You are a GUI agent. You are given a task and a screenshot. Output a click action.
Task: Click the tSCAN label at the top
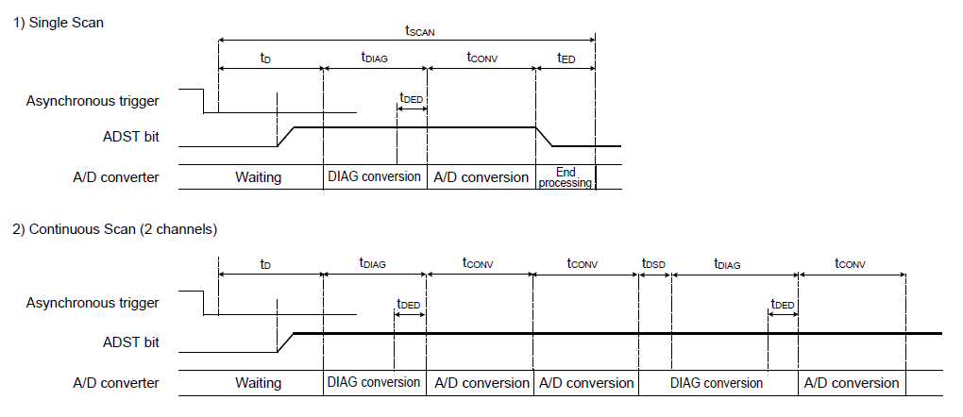click(x=419, y=30)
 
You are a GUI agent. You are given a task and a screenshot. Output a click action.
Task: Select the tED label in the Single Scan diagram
click(x=564, y=58)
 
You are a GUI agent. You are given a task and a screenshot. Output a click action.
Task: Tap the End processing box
click(x=566, y=177)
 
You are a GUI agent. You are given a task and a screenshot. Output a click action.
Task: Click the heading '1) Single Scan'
click(x=58, y=23)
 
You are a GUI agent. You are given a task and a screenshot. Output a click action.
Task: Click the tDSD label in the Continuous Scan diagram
click(x=652, y=263)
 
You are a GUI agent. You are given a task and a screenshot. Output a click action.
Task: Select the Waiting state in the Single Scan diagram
click(x=258, y=177)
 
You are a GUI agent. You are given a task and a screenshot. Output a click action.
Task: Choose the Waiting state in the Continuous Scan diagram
click(x=258, y=383)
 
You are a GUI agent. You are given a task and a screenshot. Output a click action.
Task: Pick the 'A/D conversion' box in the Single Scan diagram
click(x=481, y=177)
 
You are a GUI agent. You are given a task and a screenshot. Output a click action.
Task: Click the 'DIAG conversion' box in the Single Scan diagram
click(x=374, y=176)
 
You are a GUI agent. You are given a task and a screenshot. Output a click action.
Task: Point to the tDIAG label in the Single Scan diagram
click(x=374, y=58)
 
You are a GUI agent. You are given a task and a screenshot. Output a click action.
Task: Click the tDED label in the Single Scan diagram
click(x=411, y=97)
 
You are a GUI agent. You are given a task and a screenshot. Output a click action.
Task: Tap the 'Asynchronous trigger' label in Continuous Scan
click(x=93, y=303)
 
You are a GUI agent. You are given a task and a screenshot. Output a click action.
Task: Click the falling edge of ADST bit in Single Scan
click(x=544, y=137)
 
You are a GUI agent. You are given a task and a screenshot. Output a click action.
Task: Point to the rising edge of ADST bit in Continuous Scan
click(x=286, y=342)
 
